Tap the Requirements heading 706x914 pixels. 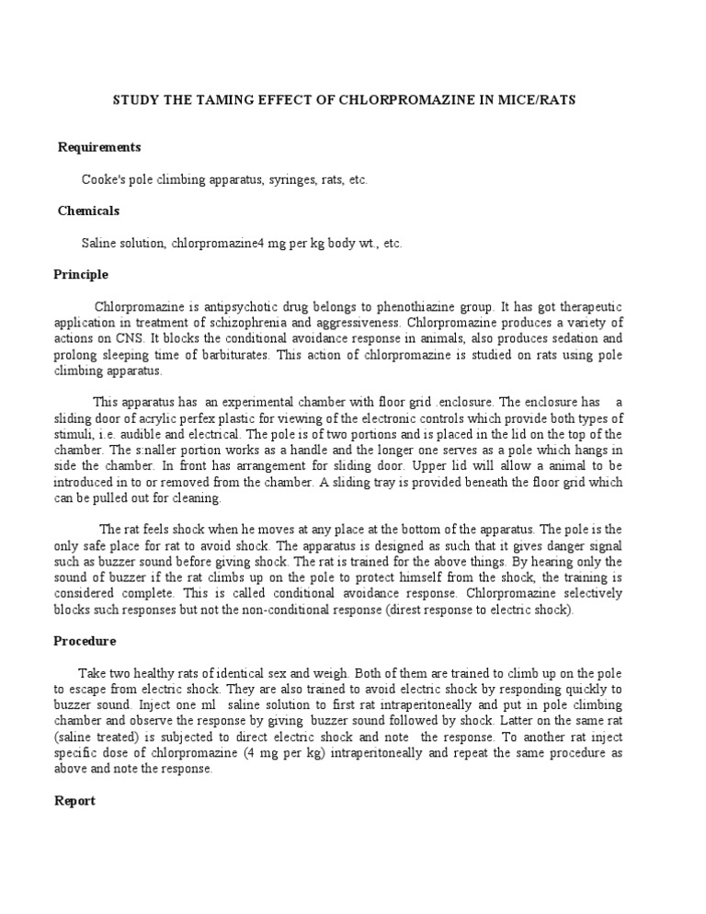99,147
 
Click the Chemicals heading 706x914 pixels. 89,211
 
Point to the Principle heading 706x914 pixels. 81,274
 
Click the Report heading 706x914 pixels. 74,801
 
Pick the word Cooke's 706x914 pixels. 102,180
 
